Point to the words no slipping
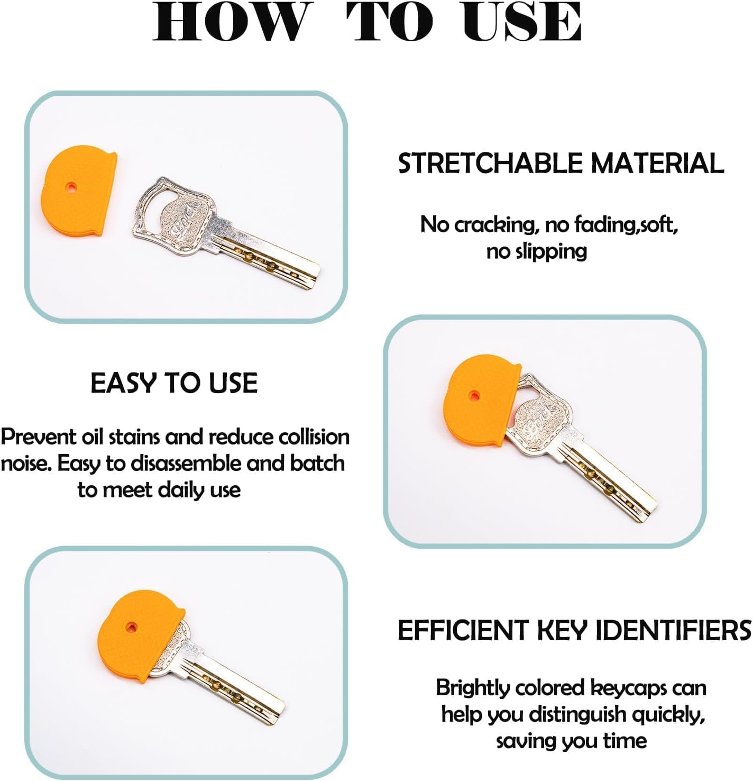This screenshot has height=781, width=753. pos(536,251)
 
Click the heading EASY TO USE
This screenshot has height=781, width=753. pos(174,383)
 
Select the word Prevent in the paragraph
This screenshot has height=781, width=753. pos(38,437)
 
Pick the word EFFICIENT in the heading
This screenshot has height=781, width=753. pos(463,631)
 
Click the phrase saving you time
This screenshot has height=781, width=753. pos(571,741)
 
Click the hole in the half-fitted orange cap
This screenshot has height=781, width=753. pos(474,395)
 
